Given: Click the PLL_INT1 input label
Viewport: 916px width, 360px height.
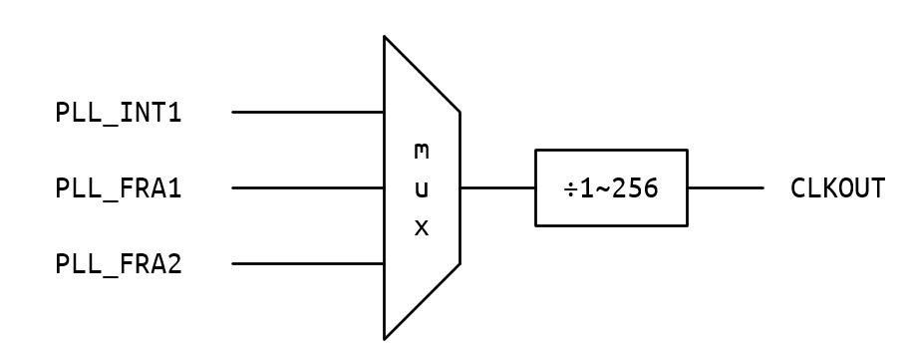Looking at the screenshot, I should (x=119, y=112).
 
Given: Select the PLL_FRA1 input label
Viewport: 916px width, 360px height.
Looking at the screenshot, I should (x=119, y=187).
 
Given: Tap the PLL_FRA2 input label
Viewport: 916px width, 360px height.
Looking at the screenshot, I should (x=119, y=264).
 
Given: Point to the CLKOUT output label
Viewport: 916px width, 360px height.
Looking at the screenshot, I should (x=837, y=187).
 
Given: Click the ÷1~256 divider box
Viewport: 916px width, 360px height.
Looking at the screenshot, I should (x=611, y=187).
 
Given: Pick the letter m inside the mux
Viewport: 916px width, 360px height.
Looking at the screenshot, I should (x=422, y=152).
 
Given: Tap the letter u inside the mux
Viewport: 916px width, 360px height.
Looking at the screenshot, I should (x=422, y=188).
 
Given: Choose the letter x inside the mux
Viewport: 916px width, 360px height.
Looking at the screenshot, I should (x=422, y=227).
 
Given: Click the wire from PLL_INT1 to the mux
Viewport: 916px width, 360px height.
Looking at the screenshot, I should (x=308, y=112).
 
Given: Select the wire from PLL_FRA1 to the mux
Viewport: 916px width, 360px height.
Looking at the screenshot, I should (x=308, y=187).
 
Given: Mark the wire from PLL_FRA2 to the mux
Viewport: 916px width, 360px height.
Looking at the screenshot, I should (x=308, y=264).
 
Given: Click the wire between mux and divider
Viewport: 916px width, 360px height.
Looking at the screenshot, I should (x=497, y=187).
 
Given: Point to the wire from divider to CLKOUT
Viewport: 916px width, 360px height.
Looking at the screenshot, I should (x=726, y=187).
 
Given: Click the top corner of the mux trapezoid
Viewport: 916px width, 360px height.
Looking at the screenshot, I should (x=385, y=37).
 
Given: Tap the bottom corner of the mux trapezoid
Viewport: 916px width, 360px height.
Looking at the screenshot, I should (x=385, y=339).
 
